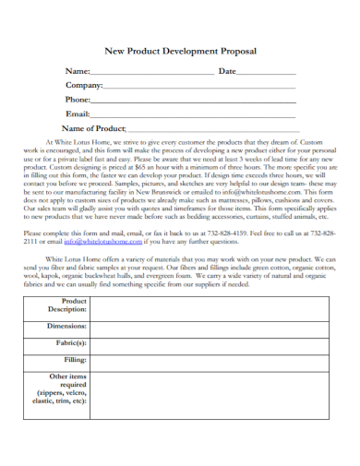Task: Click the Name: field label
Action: pyautogui.click(x=78, y=71)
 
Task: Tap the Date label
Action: pyautogui.click(x=227, y=71)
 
